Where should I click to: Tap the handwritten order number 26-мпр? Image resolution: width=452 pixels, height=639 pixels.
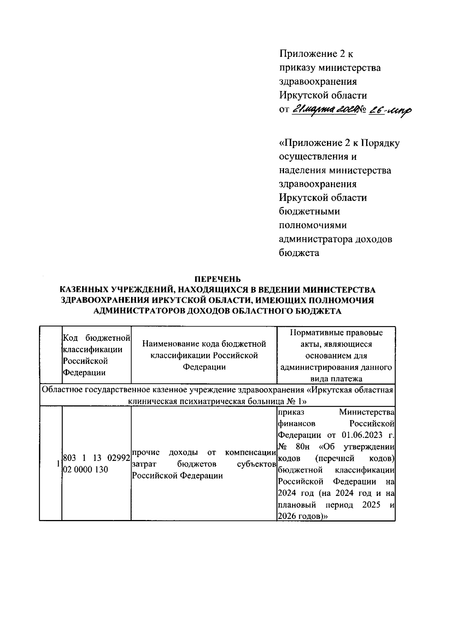(x=390, y=110)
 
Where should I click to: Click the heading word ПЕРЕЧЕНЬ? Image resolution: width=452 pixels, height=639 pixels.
(x=217, y=279)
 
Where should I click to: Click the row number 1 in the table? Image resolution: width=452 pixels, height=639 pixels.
(x=58, y=464)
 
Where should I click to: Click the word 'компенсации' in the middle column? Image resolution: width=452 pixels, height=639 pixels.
(x=248, y=452)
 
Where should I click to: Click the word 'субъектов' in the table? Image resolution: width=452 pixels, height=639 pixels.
(x=255, y=464)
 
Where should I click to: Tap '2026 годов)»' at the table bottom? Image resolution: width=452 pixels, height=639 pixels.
(x=302, y=517)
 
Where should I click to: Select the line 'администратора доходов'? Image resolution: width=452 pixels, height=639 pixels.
(x=335, y=239)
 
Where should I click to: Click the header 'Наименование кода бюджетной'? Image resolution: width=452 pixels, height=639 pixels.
(x=204, y=344)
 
